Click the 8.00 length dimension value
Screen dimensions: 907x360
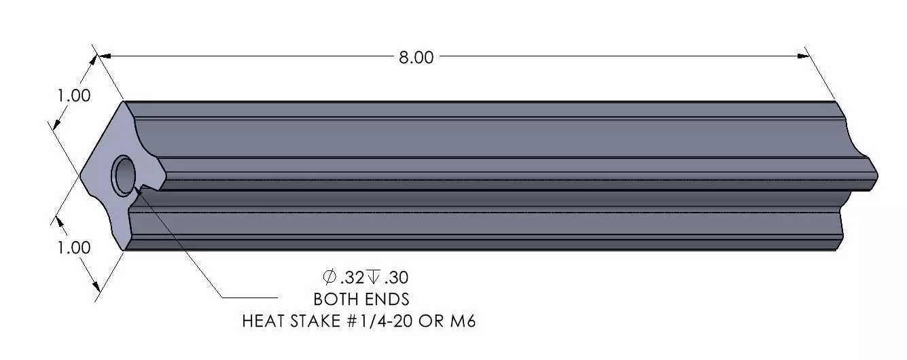[x=416, y=58]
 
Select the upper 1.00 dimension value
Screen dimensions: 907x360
[x=74, y=96]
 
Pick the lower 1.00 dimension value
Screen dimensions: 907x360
[x=74, y=247]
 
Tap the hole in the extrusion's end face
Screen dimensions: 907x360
[x=124, y=175]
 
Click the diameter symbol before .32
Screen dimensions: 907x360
[x=330, y=277]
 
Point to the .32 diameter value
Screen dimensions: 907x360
[x=353, y=278]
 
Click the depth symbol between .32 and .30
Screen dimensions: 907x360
[x=373, y=277]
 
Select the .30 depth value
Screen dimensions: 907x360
[x=396, y=278]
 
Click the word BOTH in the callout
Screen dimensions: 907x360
[x=336, y=300]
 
